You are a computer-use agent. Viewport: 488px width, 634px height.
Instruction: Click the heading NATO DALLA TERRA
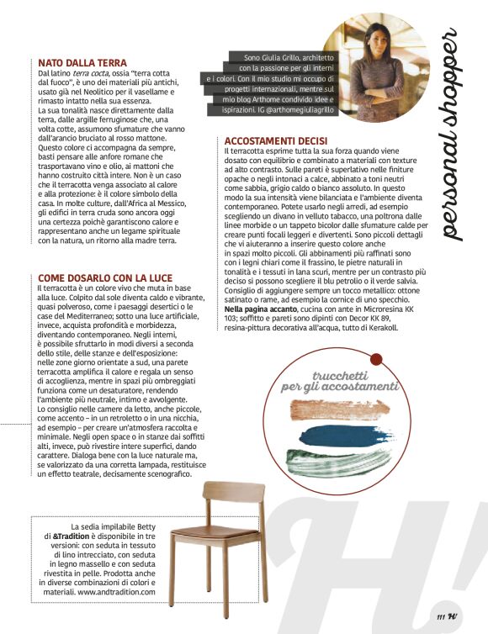(x=82, y=63)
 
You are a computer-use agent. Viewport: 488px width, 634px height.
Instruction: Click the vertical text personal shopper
(x=452, y=135)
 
